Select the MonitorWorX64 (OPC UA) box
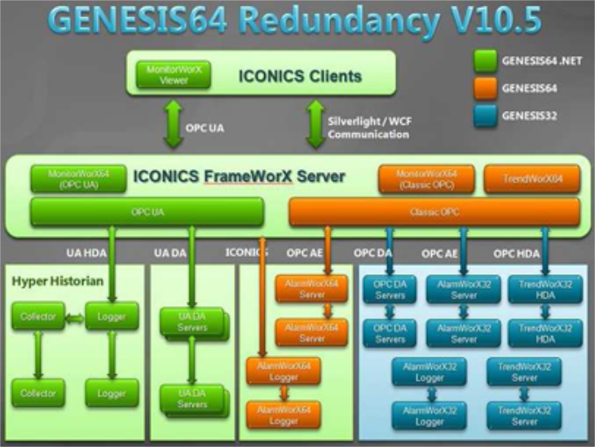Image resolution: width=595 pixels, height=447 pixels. click(78, 179)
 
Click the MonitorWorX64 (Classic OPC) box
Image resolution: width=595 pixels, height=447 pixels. click(426, 179)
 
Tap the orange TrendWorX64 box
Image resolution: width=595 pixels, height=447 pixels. click(531, 179)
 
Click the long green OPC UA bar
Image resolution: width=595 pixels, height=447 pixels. click(147, 211)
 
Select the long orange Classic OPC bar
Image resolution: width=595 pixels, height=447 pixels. click(434, 211)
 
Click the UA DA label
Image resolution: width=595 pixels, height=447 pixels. click(169, 254)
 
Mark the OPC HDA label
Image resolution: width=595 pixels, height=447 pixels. click(517, 254)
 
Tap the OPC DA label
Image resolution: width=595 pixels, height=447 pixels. click(373, 254)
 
